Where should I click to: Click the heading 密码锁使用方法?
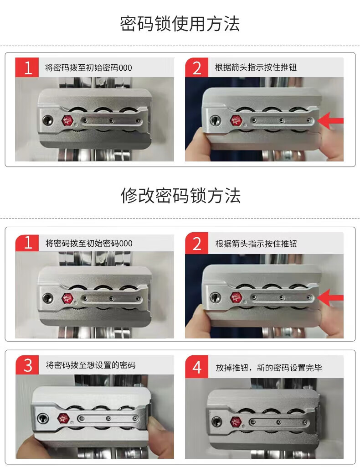(180, 24)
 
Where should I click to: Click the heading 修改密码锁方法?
(180, 196)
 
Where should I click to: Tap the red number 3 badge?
(27, 365)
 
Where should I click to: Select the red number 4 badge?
(196, 367)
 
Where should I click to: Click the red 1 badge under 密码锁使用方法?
(27, 67)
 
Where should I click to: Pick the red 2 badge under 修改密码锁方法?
(196, 243)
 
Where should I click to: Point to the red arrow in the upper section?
(330, 121)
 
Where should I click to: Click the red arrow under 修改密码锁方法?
(330, 298)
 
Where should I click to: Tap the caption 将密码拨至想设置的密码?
(91, 365)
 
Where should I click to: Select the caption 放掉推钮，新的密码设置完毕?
(269, 368)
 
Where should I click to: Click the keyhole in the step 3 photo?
(43, 418)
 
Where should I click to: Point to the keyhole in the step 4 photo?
(216, 421)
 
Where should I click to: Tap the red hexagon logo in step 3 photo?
(63, 418)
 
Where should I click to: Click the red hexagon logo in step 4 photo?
(236, 421)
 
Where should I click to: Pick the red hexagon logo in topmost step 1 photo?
(67, 121)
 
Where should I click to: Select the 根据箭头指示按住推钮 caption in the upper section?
(256, 67)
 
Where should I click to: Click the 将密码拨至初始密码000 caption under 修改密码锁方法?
(89, 243)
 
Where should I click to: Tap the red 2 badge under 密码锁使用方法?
(196, 67)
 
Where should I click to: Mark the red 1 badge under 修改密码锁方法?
(27, 243)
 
